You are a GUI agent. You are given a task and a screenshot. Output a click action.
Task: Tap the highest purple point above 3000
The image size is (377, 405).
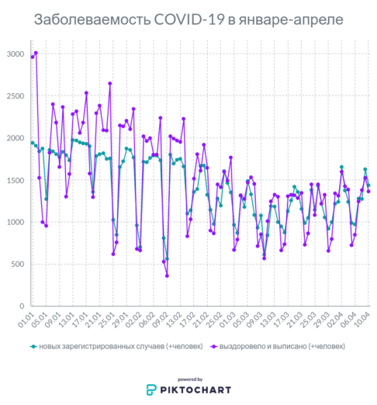36,53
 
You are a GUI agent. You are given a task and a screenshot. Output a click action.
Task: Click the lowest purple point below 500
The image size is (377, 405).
167,275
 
